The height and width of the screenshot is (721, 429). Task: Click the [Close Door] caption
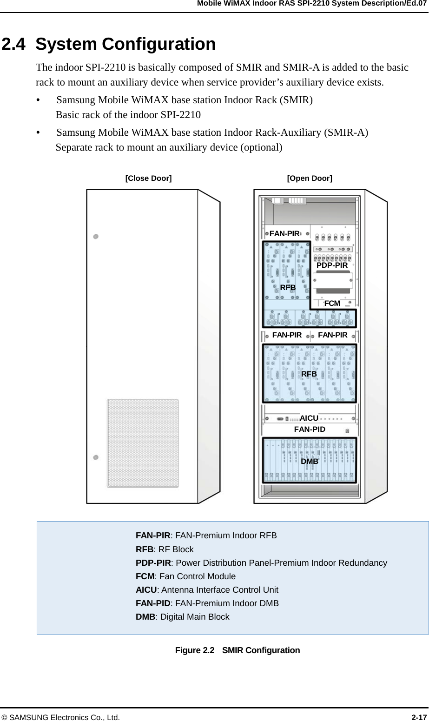[148, 178]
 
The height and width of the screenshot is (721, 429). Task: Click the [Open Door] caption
[310, 178]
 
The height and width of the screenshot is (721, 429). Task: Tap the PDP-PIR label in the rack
[332, 265]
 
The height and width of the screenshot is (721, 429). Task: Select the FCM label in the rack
[332, 304]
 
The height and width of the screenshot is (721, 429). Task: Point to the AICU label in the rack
[309, 418]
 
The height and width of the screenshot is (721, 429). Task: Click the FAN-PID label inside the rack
[310, 429]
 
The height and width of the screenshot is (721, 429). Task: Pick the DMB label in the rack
[310, 461]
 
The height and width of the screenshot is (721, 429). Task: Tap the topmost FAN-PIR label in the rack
[284, 234]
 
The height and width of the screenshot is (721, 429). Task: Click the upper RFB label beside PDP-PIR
[288, 288]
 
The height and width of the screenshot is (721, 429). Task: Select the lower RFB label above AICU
[309, 374]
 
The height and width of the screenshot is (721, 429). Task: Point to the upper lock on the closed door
[96, 236]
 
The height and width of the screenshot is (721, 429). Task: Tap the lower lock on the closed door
[96, 457]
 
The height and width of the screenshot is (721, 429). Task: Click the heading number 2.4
[14, 44]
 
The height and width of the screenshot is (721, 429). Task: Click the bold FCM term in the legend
[145, 576]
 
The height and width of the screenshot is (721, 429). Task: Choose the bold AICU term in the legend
[146, 590]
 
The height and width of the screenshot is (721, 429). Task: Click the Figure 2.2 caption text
[237, 650]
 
